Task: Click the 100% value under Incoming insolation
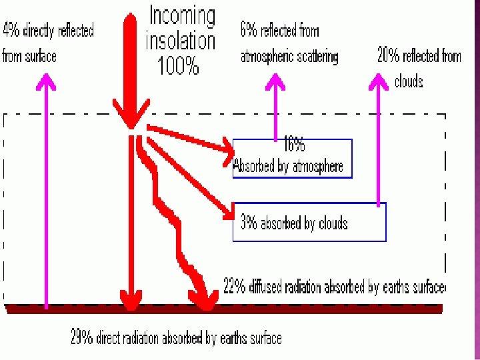click(x=178, y=65)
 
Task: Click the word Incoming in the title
click(x=182, y=16)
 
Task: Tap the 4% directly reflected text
click(x=48, y=30)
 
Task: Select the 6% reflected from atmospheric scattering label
click(x=289, y=43)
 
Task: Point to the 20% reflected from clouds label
click(x=419, y=56)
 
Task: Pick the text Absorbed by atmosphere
click(x=288, y=166)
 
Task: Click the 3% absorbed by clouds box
click(x=309, y=223)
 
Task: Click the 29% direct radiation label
click(x=176, y=337)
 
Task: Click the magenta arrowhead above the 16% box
click(x=276, y=82)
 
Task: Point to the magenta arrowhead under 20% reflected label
click(x=379, y=82)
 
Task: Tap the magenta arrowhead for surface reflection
click(x=46, y=82)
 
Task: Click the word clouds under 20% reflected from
click(x=409, y=81)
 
